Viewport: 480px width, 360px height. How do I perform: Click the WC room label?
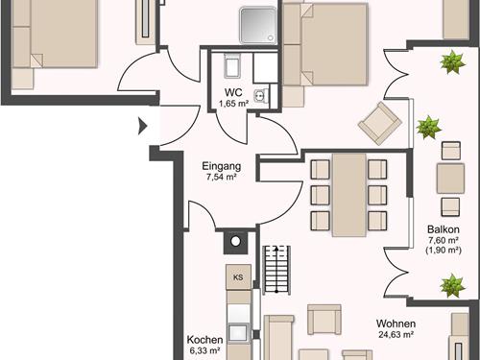pyautogui.click(x=233, y=92)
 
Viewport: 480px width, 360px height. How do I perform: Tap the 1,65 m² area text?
pyautogui.click(x=233, y=104)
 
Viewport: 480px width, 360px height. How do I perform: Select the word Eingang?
pyautogui.click(x=222, y=166)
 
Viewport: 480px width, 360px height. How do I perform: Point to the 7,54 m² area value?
pyautogui.click(x=222, y=178)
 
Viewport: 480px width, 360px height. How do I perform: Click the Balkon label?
pyautogui.click(x=444, y=229)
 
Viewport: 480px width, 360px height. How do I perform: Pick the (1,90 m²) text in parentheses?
pyautogui.click(x=444, y=251)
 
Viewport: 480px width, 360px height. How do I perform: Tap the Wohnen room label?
pyautogui.click(x=396, y=324)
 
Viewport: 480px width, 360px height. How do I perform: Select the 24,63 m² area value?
pyautogui.click(x=396, y=335)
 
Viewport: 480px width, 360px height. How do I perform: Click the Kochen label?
pyautogui.click(x=204, y=340)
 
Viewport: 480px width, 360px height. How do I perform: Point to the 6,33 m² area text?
pyautogui.click(x=204, y=350)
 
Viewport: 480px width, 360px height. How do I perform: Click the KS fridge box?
pyautogui.click(x=238, y=277)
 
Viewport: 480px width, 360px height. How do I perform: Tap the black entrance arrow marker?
pyautogui.click(x=142, y=126)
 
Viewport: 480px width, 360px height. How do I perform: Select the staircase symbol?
pyautogui.click(x=276, y=270)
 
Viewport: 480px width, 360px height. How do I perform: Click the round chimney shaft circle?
pyautogui.click(x=235, y=242)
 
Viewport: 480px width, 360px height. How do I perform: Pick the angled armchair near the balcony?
pyautogui.click(x=380, y=123)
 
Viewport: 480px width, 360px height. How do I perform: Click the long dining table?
pyautogui.click(x=348, y=195)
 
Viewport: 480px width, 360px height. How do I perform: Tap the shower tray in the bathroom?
pyautogui.click(x=258, y=25)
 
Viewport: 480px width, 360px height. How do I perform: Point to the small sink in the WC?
pyautogui.click(x=258, y=95)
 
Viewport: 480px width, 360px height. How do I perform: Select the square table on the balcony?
pyautogui.click(x=450, y=179)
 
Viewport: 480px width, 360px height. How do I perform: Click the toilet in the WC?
pyautogui.click(x=232, y=65)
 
